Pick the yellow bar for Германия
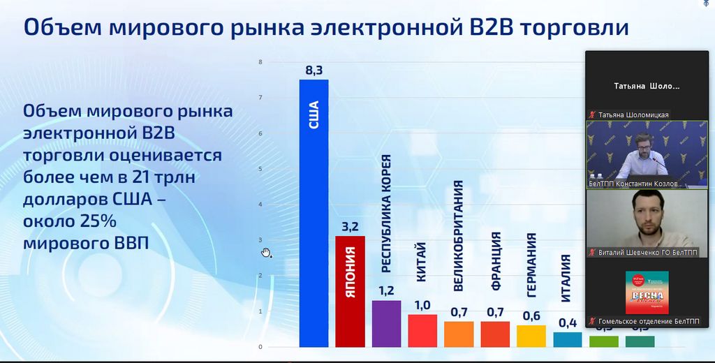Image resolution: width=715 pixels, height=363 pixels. [531, 336]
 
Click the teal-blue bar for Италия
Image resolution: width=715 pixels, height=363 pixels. [568, 339]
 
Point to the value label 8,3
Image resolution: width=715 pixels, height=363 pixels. [314, 70]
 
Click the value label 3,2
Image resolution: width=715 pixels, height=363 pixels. [350, 227]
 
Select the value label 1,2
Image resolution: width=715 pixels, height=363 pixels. [386, 290]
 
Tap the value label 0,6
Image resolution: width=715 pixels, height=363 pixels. [531, 316]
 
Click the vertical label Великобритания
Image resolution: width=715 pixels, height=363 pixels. [458, 235]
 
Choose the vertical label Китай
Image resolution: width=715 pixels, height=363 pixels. [421, 262]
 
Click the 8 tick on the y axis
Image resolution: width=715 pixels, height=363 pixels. [260, 62]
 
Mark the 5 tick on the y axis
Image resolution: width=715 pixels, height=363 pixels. [260, 169]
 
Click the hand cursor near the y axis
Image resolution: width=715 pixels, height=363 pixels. [266, 252]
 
